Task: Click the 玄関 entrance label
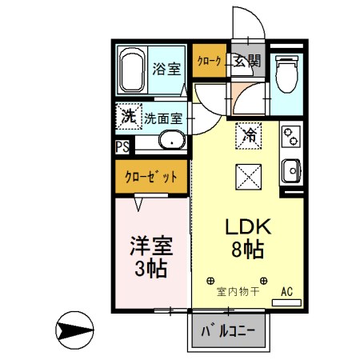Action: pyautogui.click(x=247, y=61)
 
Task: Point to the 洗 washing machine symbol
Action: pyautogui.click(x=129, y=117)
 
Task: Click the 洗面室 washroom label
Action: pyautogui.click(x=164, y=118)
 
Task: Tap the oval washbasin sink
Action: pyautogui.click(x=170, y=142)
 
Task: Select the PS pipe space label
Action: pyautogui.click(x=122, y=146)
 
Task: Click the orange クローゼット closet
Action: pyautogui.click(x=151, y=176)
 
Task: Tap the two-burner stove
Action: pyautogui.click(x=290, y=137)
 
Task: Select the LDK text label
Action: pyautogui.click(x=246, y=227)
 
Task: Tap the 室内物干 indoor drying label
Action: pyautogui.click(x=238, y=291)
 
